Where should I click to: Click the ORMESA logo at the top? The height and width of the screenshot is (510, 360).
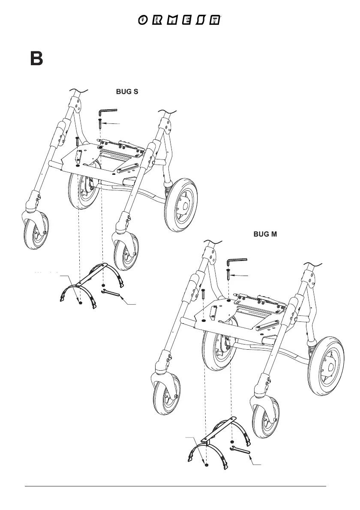[180, 21]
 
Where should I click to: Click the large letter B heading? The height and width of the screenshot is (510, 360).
[36, 59]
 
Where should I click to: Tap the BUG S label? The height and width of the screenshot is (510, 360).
[126, 92]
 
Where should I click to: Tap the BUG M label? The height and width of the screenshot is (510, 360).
[265, 234]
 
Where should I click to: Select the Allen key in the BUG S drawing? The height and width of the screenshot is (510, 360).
[107, 112]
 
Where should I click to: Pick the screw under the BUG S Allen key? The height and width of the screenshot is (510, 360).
[99, 123]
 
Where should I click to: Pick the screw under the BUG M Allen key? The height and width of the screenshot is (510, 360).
[229, 274]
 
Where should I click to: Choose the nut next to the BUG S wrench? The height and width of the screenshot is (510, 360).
[104, 285]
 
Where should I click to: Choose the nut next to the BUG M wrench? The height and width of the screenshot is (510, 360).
[232, 441]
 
